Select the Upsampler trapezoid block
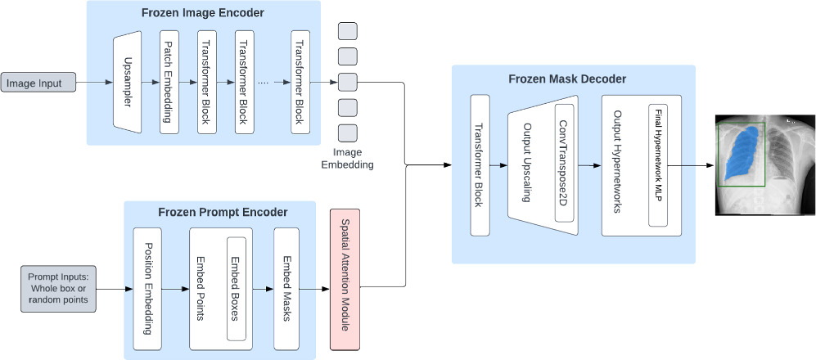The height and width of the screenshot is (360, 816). point(126,83)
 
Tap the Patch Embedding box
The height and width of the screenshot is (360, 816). point(169,83)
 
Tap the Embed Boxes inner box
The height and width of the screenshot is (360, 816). point(236,288)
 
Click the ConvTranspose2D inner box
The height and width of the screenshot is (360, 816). point(563,163)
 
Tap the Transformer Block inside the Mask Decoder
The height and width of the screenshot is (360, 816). point(480,164)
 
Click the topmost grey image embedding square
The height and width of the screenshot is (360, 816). point(347,31)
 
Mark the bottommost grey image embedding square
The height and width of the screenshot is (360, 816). point(347,133)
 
